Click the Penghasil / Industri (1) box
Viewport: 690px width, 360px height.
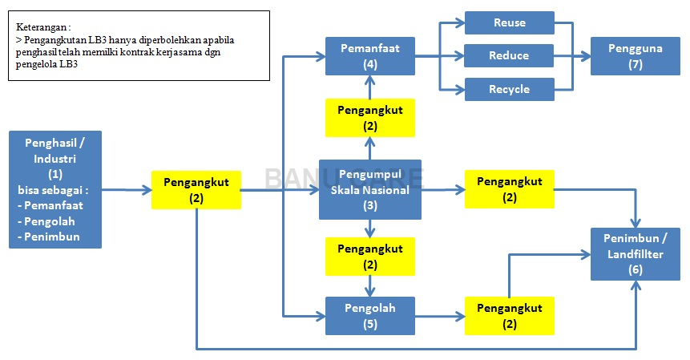point(54,189)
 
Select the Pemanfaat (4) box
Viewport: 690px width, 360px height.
point(369,56)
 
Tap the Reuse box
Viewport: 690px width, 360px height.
point(510,22)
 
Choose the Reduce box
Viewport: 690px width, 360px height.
point(510,56)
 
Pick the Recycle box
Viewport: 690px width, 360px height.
point(510,89)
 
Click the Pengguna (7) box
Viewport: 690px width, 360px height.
point(636,56)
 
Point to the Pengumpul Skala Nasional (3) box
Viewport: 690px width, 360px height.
point(369,189)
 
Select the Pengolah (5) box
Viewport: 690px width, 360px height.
point(369,315)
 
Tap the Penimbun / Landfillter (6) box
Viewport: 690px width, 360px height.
point(636,253)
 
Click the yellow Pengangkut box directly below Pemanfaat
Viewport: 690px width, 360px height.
point(369,117)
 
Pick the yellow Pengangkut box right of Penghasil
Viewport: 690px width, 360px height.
point(196,189)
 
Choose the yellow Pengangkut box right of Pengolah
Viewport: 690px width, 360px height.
point(509,315)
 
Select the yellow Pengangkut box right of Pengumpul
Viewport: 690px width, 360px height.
point(509,189)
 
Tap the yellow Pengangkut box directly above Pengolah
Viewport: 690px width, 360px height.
point(369,256)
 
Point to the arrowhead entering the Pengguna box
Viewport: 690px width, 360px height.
point(585,56)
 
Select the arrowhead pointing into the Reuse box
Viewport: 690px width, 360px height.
point(460,22)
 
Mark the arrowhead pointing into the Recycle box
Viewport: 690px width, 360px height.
point(460,89)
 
